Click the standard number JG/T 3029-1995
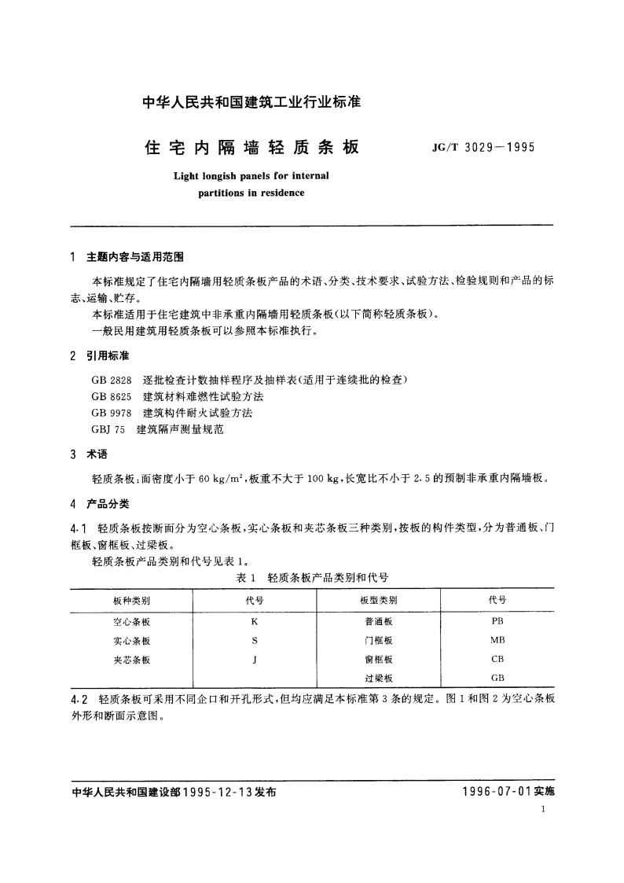(483, 146)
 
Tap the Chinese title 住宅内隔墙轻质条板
(251, 147)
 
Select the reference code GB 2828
(109, 379)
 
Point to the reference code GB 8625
(109, 396)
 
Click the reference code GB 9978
(109, 413)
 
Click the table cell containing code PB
(497, 620)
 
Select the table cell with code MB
(497, 640)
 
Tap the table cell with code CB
(497, 659)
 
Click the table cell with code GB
(497, 678)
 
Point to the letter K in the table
(255, 620)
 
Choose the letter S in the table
(255, 640)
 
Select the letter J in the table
(255, 659)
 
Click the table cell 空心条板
(132, 620)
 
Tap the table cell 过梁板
(378, 678)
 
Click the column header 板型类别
(378, 600)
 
